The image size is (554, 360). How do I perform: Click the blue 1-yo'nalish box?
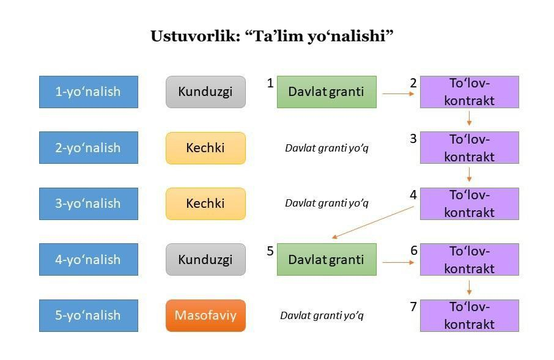pos(89,92)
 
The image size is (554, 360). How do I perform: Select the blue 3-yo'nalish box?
pos(89,204)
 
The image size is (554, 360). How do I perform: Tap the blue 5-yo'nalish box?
pos(89,315)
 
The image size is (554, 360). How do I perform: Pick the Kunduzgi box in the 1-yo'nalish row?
pos(205,92)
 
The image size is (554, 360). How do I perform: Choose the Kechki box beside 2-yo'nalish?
pos(205,148)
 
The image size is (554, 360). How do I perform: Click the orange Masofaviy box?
pos(205,315)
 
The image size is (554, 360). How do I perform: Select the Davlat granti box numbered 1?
pos(327,92)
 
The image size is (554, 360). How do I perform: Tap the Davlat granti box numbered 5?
pos(327,260)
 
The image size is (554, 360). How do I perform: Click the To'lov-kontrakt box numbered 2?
pos(470,92)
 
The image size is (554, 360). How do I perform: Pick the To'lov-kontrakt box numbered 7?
pos(470,315)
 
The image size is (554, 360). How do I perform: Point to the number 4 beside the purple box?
pos(413,194)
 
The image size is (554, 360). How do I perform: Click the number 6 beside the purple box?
pos(414,251)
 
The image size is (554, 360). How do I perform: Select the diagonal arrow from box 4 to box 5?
pos(373,222)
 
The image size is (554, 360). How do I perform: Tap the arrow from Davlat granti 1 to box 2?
pos(398,94)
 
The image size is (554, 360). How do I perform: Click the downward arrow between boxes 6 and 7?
pos(469,288)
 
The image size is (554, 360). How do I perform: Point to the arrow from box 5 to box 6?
pos(398,262)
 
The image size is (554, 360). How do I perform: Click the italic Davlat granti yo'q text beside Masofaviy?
pos(322,315)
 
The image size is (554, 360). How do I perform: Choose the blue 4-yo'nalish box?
pos(89,260)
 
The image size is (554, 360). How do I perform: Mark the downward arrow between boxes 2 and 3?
pos(469,119)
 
